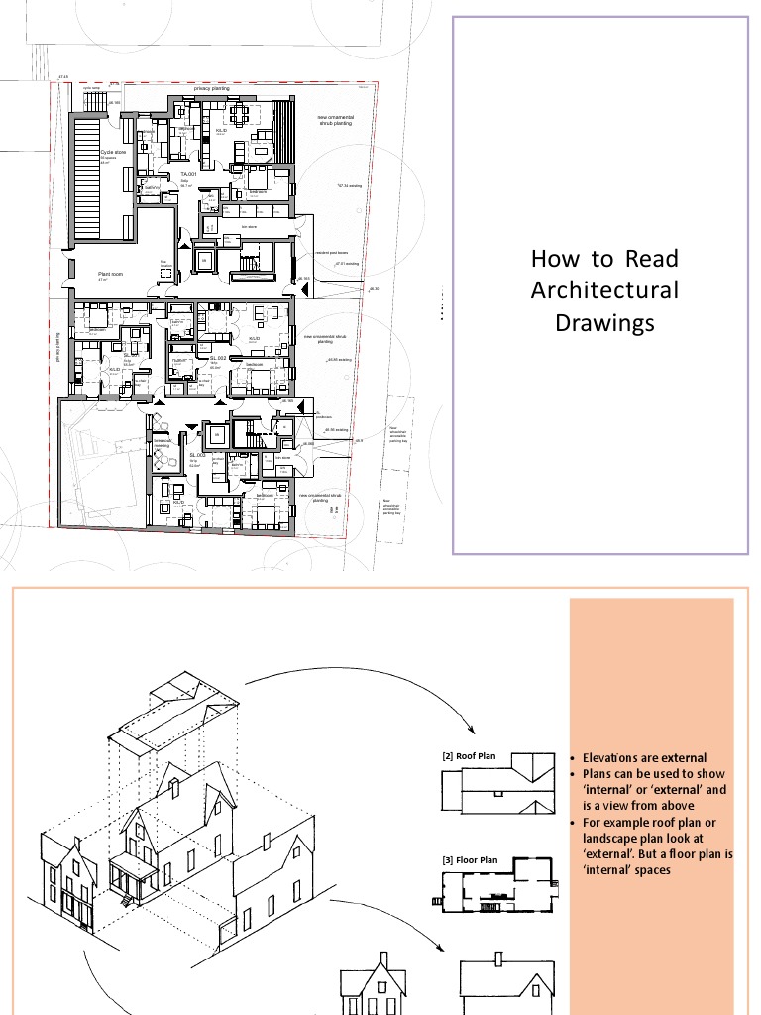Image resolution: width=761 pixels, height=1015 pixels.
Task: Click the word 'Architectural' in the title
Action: coord(604,290)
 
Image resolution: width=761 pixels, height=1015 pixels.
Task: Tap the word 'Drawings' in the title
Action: coord(604,323)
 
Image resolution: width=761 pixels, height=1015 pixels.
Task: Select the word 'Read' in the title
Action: coord(652,259)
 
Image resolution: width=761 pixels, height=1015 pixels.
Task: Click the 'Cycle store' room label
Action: coord(113,153)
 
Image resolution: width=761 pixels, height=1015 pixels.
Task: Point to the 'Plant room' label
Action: coord(109,274)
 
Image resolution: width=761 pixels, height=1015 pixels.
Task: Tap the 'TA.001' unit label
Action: coord(188,173)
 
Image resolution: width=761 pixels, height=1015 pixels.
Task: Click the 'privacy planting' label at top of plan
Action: coord(211,88)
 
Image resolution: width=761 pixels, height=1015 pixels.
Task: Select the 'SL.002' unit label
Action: coord(218,357)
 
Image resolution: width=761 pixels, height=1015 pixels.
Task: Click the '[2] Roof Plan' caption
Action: coord(469,757)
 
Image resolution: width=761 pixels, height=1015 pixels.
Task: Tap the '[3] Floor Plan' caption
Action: coord(470,860)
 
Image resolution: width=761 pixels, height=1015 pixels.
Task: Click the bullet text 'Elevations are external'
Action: coord(644,758)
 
